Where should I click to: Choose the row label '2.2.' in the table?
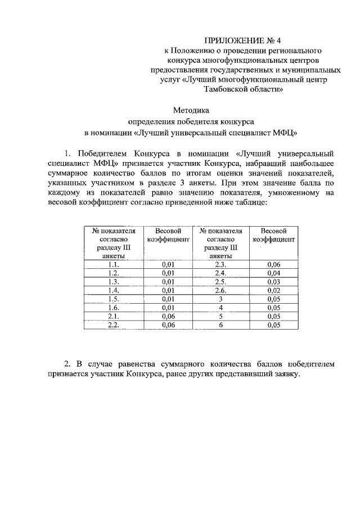tap(113, 325)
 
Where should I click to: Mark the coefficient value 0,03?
tap(274, 281)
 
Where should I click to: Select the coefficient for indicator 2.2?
tap(168, 325)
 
